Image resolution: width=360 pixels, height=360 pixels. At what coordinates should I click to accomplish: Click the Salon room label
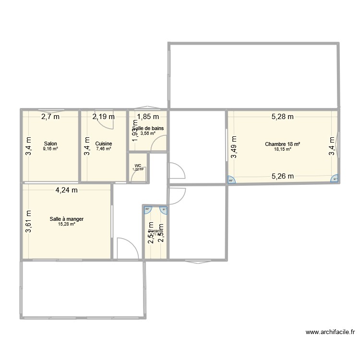[50, 144]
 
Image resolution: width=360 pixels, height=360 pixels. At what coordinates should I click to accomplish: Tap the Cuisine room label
[104, 144]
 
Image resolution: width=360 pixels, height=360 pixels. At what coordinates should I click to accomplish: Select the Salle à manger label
[67, 219]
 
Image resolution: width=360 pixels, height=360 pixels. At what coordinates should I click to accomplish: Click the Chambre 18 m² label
[283, 144]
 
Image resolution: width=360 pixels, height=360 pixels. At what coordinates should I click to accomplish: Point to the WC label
[138, 166]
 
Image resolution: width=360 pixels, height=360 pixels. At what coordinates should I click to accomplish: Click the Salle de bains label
[148, 128]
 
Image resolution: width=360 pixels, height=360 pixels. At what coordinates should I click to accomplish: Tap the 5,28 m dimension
[282, 116]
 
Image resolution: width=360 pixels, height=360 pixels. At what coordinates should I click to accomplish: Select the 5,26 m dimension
[283, 176]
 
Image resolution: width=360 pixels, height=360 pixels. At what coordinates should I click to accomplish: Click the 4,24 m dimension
[67, 190]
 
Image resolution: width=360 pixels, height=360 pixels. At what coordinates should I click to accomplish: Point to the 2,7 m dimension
[50, 116]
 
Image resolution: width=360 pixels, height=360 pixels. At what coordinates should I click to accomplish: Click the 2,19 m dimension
[104, 116]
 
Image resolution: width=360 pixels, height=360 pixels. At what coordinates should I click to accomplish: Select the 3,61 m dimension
[29, 222]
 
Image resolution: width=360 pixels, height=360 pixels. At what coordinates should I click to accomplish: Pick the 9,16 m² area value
[50, 149]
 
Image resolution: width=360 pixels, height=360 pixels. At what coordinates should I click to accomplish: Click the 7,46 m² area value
[104, 149]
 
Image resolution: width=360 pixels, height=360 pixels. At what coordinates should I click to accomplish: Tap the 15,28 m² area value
[67, 224]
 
